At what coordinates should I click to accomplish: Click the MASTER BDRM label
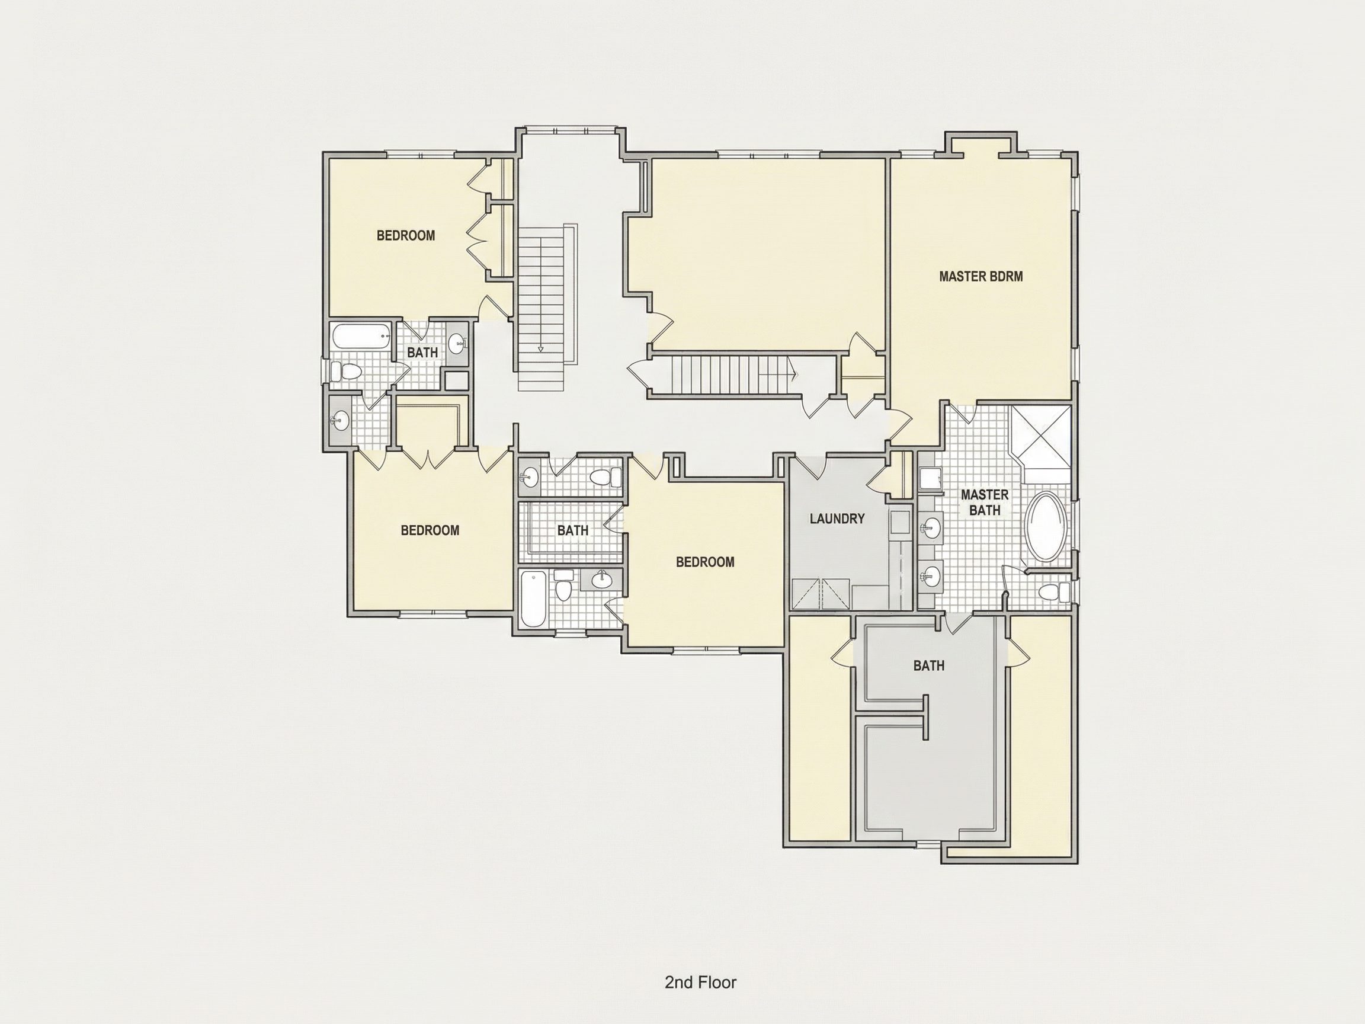[x=981, y=277]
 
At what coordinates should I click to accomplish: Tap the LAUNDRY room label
[x=837, y=519]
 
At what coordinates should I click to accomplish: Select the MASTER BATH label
[x=984, y=503]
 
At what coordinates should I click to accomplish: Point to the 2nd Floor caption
[x=700, y=965]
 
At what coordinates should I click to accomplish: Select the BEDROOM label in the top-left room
[x=405, y=235]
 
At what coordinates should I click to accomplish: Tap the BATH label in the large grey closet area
[x=929, y=665]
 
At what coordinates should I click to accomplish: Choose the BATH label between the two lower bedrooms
[x=573, y=530]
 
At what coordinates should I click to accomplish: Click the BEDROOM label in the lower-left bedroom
[x=430, y=530]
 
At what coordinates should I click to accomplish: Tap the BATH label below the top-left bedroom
[x=422, y=353]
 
